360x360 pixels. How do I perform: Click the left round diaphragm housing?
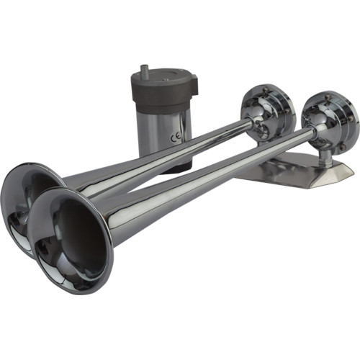pyautogui.click(x=268, y=109)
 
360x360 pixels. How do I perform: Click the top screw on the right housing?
pyautogui.click(x=333, y=94)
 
